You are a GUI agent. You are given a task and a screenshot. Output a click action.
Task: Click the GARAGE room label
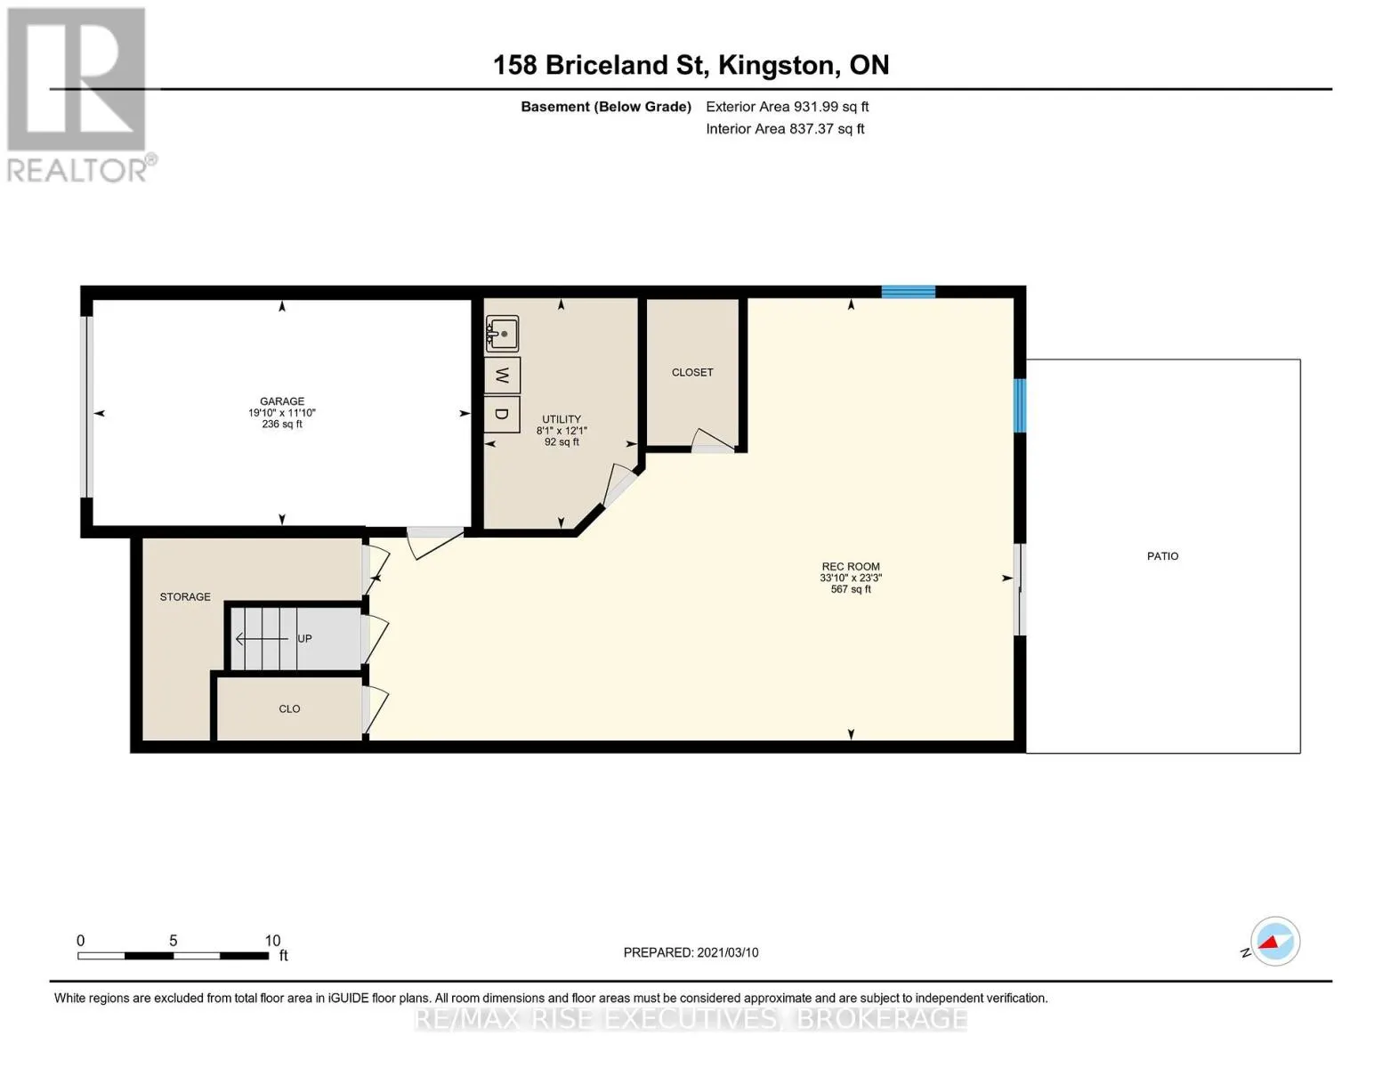point(282,401)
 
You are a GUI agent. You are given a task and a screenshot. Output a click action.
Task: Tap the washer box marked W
point(503,376)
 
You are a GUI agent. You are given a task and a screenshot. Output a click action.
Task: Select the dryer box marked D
point(503,414)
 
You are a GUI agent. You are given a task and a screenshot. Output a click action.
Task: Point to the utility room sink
point(503,334)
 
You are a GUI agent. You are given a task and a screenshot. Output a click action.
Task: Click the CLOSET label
point(692,373)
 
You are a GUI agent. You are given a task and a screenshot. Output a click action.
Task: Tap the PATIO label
point(1162,556)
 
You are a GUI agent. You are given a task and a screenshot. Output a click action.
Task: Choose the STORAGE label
point(185,597)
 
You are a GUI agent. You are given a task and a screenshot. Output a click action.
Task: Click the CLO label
point(289,709)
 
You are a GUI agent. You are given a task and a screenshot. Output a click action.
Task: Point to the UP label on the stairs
point(304,639)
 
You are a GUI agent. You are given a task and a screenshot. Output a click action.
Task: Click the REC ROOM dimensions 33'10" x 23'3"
point(851,578)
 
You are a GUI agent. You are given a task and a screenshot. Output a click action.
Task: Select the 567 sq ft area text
point(851,590)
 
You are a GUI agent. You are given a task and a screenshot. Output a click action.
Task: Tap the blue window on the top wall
point(909,292)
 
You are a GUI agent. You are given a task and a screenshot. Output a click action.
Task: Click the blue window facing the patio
point(1020,406)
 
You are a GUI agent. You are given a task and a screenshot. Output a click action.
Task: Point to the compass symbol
point(1275,942)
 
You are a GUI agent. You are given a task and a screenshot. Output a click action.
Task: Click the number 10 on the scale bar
point(272,941)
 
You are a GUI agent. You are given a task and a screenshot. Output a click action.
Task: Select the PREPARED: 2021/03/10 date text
point(691,953)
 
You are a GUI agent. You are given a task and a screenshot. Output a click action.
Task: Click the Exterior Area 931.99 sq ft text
point(788,107)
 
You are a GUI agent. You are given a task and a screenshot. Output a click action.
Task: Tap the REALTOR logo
point(79,95)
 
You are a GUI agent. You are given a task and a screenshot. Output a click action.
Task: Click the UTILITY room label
point(562,419)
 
